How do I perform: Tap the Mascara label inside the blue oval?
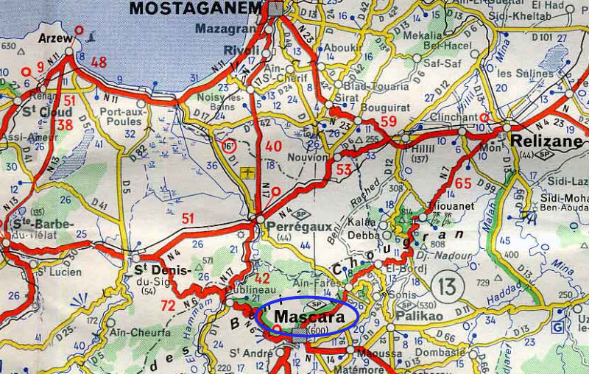coord(309,315)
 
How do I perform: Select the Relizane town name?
coord(543,140)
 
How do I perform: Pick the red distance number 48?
coord(99,63)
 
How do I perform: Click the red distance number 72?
coord(168,304)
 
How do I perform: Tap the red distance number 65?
coord(463,183)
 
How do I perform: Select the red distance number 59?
coord(389,121)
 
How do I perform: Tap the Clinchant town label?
coord(453,116)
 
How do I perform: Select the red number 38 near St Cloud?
coord(65,125)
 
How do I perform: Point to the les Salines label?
coord(525,74)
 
